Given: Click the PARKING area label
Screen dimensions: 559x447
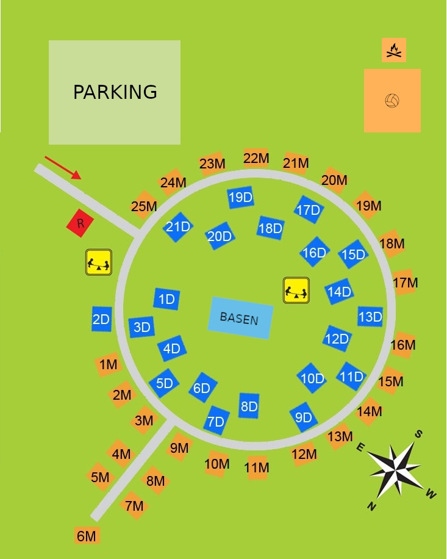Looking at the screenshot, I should tap(115, 92).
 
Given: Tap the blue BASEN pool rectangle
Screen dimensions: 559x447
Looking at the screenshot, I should tap(240, 318).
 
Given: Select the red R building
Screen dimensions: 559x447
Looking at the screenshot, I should tap(79, 223).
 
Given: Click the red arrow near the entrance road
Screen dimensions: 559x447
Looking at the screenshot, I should tap(63, 168).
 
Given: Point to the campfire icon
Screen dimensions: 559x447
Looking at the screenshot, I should tap(394, 50).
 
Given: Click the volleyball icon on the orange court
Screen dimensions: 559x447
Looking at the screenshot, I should tap(392, 101).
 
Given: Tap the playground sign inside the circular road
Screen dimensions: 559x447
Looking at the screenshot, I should tap(296, 290).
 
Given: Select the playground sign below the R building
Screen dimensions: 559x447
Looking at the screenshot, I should tap(99, 262).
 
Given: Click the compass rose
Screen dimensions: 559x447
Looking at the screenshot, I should tap(395, 469).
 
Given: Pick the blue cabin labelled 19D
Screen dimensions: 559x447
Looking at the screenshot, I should tap(240, 197).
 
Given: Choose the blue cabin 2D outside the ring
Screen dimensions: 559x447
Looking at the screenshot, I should tap(101, 319).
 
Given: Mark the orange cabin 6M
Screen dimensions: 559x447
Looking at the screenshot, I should tap(87, 536).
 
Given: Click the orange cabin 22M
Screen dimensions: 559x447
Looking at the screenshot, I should tap(256, 159).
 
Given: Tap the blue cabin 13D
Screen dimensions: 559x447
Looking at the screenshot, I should tap(370, 317).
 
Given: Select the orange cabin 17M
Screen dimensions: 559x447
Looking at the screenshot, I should tap(405, 283).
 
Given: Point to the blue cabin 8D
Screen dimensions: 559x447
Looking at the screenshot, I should tap(249, 406).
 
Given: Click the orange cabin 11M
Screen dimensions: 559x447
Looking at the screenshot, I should tap(257, 467).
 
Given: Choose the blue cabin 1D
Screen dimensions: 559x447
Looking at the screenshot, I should tap(166, 299).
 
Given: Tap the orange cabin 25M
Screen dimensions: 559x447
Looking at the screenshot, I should tap(144, 206).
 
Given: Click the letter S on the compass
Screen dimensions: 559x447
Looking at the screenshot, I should tap(418, 433).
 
